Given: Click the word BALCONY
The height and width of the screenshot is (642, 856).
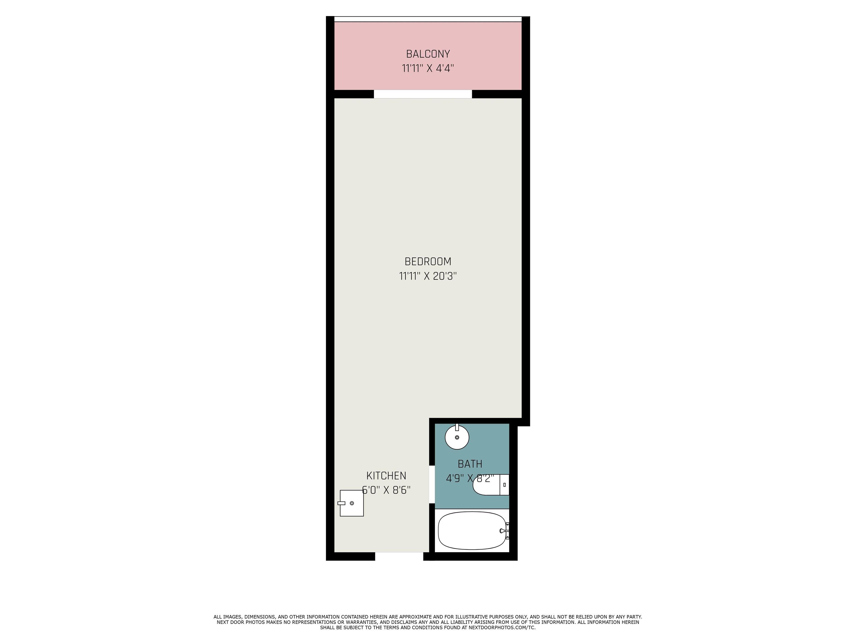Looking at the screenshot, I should [x=428, y=54].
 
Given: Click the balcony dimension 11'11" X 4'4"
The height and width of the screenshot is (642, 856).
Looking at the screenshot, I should [x=428, y=69].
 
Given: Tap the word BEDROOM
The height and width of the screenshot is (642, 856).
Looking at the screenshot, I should [x=428, y=262].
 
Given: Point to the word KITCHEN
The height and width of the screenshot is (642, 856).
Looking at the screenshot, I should [x=386, y=476].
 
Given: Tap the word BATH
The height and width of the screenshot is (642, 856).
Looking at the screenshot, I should [x=470, y=464].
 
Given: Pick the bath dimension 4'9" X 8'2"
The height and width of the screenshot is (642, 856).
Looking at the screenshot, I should [x=470, y=478].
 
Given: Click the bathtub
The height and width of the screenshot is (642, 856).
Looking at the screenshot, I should [x=472, y=531].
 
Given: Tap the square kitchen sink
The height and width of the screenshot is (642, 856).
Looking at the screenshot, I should [x=351, y=503].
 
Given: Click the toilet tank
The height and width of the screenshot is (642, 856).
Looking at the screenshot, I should [x=504, y=485].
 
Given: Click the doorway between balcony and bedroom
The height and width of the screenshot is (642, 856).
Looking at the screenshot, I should [x=423, y=94].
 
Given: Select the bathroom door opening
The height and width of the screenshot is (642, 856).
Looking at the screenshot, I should [x=432, y=485].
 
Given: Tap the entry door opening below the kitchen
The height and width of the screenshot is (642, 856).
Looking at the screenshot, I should [x=399, y=556].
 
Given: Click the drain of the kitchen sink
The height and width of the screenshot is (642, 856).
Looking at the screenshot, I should [x=352, y=503].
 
